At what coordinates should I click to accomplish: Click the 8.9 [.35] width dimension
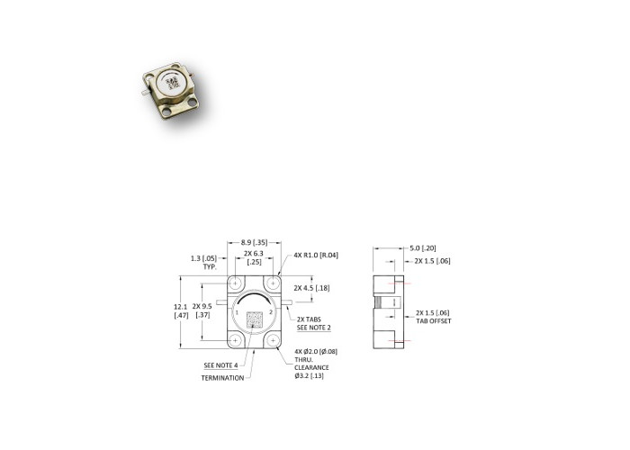(254, 243)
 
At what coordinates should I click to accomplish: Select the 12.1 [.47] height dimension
(181, 311)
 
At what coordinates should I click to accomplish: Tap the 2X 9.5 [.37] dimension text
(202, 310)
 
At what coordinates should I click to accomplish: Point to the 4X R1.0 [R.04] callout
(316, 255)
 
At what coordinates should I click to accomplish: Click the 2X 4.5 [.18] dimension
(311, 288)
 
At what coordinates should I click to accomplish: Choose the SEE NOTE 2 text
(314, 328)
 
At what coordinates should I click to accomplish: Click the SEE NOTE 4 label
(220, 365)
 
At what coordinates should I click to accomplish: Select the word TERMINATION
(222, 378)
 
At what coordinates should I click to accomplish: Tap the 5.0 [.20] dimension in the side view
(423, 248)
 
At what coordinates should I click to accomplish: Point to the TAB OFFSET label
(434, 321)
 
